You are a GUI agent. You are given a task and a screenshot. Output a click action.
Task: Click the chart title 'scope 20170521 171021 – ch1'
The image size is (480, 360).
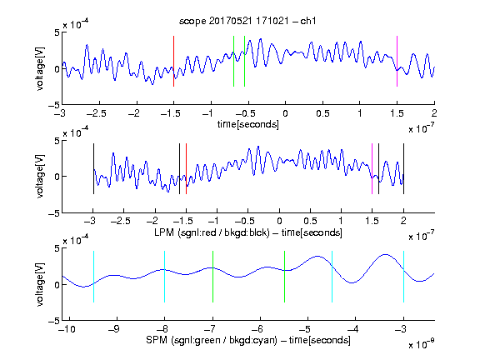coord(247,21)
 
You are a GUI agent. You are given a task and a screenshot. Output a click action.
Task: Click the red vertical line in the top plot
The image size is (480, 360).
coord(174,61)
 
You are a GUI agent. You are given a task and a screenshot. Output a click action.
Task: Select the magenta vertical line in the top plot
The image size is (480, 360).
coord(397,61)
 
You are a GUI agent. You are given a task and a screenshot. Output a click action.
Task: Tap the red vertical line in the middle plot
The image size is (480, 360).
coord(186,168)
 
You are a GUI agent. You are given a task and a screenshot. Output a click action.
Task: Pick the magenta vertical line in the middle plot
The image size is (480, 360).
coord(372,168)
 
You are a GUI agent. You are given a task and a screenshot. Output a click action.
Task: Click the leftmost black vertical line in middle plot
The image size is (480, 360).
coord(93,168)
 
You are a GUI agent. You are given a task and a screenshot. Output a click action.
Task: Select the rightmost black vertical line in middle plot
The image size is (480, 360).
coord(404,168)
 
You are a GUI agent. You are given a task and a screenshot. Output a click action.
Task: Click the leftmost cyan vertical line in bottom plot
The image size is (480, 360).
coord(93,277)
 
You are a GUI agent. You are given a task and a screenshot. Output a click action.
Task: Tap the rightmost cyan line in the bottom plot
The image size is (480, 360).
coord(404,277)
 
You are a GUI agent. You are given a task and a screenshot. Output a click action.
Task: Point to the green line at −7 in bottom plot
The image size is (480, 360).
coord(212,277)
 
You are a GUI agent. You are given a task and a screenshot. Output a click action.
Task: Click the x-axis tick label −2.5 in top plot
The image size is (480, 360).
coord(96,113)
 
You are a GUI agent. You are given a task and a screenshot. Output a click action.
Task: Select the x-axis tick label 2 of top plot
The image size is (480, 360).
coord(434,113)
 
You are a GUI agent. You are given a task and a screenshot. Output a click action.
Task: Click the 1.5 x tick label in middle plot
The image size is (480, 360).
coord(372,221)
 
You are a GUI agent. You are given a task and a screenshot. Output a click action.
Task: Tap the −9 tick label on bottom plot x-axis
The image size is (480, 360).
coord(114,329)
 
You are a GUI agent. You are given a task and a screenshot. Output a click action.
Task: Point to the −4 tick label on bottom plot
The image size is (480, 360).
coord(352,329)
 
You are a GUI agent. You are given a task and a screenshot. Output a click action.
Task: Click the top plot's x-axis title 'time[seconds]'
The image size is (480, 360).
coord(248,125)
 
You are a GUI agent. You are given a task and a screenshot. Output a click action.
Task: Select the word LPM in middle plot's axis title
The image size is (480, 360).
coord(164,232)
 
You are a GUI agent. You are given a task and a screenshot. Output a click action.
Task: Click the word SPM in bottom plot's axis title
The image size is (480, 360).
coord(157,340)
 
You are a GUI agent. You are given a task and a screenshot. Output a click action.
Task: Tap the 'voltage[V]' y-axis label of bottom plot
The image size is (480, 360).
coord(40,284)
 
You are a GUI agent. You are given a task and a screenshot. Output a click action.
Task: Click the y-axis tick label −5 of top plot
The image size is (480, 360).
coord(54,105)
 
